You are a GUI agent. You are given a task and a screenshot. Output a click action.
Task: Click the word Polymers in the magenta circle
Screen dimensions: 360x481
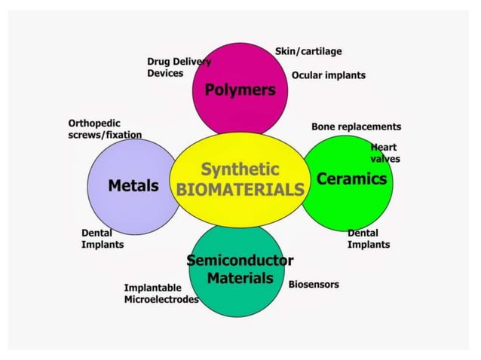(240, 90)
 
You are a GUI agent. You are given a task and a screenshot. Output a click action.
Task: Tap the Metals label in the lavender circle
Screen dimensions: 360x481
(133, 185)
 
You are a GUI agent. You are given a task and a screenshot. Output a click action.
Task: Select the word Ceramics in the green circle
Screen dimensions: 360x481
(351, 179)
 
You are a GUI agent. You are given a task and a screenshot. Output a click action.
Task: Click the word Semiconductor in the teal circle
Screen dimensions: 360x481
(240, 261)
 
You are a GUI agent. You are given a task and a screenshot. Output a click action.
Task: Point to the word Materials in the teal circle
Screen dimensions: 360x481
(240, 278)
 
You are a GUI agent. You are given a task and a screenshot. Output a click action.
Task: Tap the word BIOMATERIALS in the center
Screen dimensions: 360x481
(240, 188)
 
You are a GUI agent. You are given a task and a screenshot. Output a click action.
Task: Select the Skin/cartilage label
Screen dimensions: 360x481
(308, 51)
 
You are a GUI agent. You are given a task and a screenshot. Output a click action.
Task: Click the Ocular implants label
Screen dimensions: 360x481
(328, 75)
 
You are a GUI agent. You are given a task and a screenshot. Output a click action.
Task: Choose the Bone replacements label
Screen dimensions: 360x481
(356, 127)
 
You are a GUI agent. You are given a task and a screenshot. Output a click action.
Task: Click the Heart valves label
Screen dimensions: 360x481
(384, 153)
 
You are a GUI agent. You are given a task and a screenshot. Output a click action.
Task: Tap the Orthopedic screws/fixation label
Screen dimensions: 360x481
(105, 129)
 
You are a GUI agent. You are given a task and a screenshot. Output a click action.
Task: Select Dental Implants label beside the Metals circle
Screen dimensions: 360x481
(103, 239)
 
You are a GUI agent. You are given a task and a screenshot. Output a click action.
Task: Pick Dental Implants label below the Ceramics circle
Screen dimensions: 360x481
(369, 239)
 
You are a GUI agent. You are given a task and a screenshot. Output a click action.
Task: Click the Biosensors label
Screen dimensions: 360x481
(314, 285)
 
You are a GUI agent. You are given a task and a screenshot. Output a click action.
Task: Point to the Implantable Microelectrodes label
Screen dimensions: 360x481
(161, 294)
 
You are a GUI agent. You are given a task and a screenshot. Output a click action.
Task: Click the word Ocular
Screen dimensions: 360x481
(307, 75)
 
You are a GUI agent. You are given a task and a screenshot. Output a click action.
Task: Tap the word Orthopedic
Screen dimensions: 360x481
(94, 123)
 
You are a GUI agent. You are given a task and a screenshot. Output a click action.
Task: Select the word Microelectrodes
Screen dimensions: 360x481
(161, 300)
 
